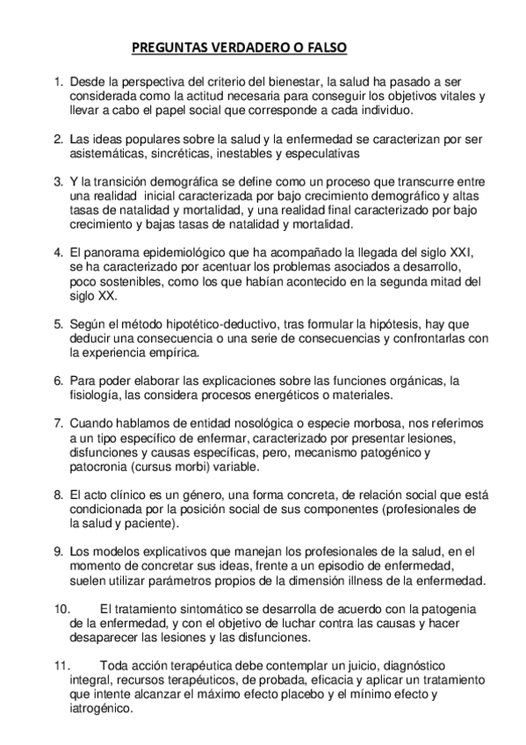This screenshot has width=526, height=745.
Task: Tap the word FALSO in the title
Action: pos(331,49)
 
